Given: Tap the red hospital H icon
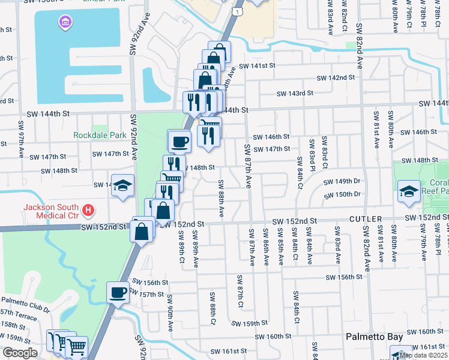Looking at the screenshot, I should click(x=88, y=210).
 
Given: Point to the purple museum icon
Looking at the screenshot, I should click(x=64, y=23).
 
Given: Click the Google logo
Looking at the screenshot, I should click(x=19, y=353).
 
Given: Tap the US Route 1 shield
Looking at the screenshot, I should click(x=239, y=11).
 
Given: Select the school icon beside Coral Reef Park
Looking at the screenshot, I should click(x=409, y=191).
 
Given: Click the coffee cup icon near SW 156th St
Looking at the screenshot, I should click(x=118, y=292).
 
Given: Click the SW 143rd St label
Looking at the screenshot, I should click(x=295, y=94).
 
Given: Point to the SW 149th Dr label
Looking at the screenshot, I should click(x=342, y=181).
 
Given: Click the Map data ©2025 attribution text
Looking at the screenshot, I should click(x=423, y=355).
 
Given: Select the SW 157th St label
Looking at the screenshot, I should click(x=146, y=294).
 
